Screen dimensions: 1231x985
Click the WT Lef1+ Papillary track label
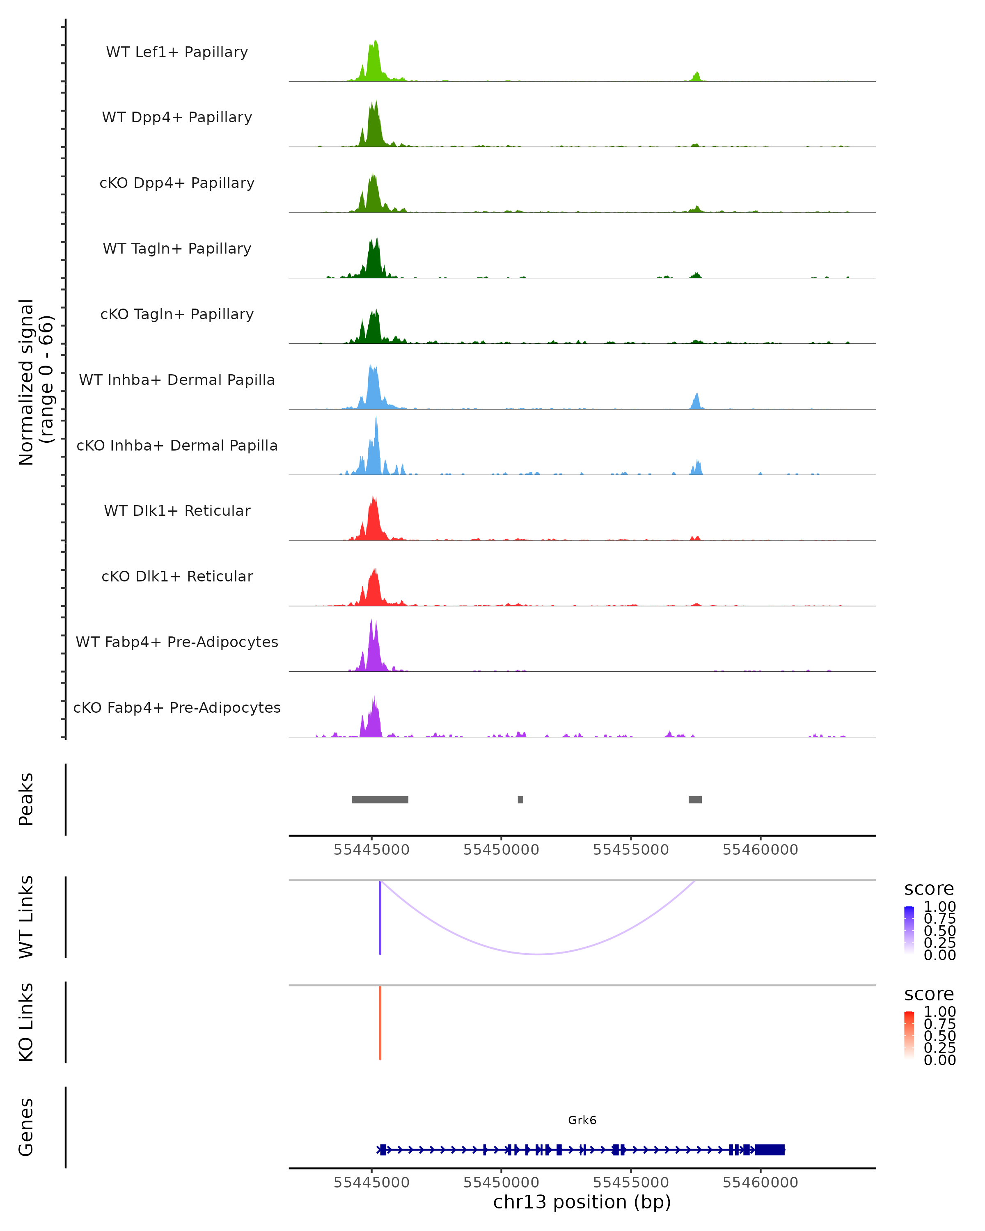tap(177, 52)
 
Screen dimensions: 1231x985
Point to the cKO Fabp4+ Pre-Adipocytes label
tap(177, 707)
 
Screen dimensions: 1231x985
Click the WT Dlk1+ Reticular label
tap(177, 510)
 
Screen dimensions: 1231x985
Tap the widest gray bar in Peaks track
tap(380, 799)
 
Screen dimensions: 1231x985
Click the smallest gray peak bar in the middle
tap(520, 799)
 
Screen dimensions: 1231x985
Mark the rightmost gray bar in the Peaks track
tap(695, 799)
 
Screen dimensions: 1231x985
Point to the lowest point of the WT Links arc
tap(538, 954)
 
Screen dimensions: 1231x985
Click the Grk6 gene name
tap(582, 1120)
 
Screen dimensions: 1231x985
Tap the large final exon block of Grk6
tap(770, 1150)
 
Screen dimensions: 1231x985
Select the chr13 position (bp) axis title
tap(582, 1202)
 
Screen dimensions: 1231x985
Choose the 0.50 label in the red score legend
tap(939, 1036)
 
